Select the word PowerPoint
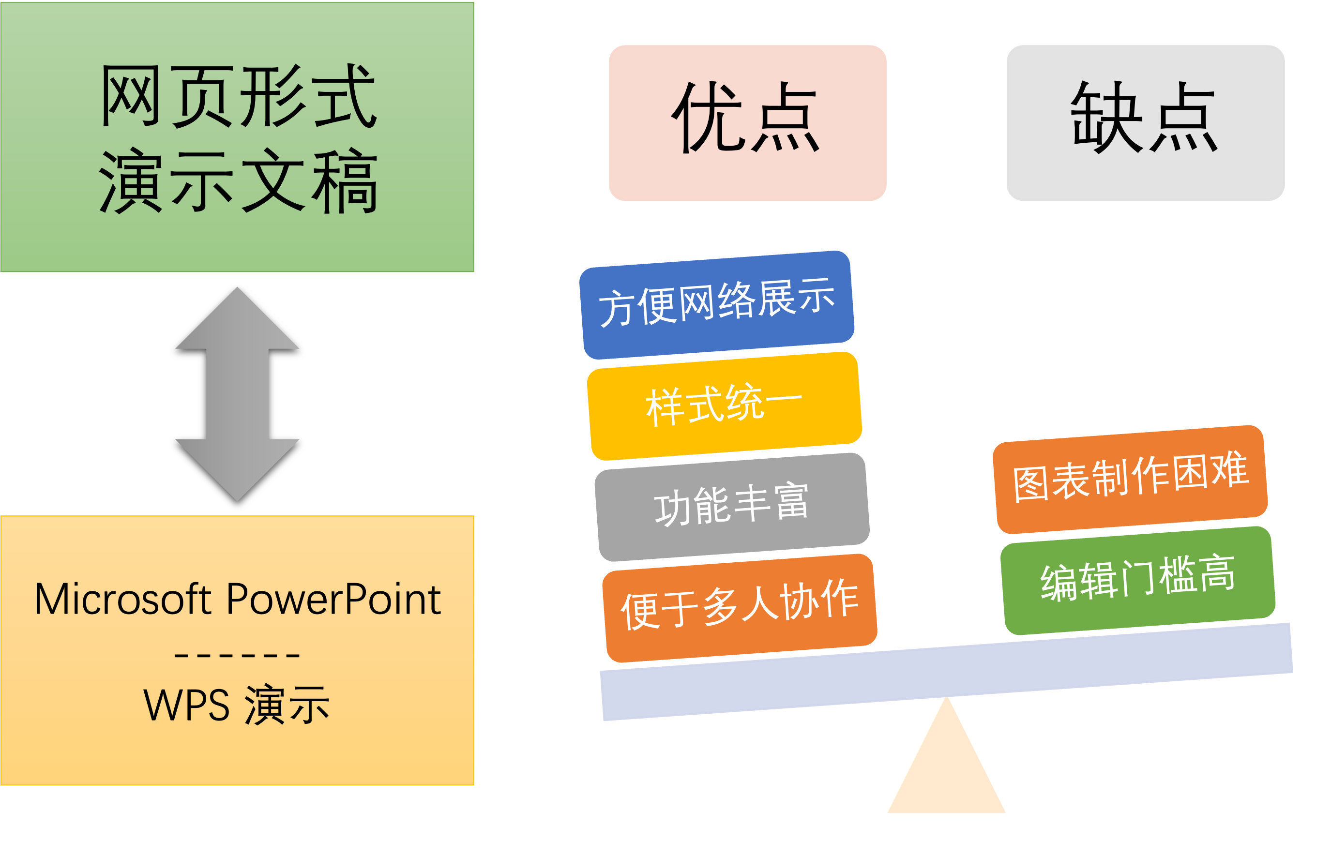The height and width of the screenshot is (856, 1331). pos(333,600)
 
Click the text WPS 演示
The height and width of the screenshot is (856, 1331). pos(237,705)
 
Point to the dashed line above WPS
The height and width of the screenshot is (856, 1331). pos(237,656)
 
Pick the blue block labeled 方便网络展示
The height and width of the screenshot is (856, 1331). pos(717,304)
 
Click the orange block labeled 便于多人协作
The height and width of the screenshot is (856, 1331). pos(740,608)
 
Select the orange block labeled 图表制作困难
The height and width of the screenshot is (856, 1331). pos(1130,479)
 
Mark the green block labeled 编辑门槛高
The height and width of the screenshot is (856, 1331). pos(1138,580)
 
